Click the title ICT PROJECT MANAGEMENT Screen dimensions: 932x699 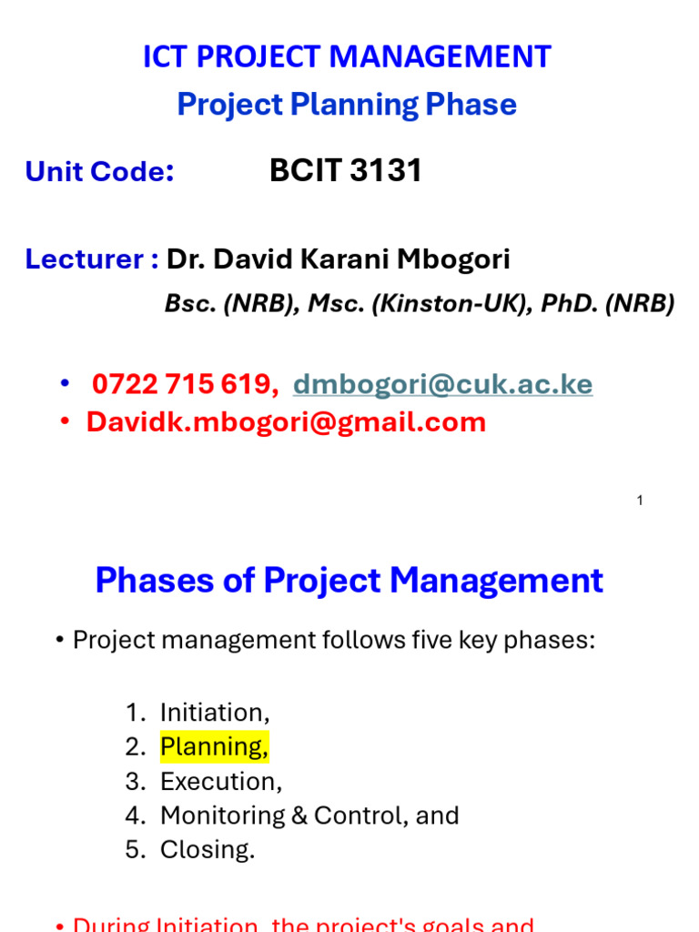pos(347,57)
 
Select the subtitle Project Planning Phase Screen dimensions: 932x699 pos(347,105)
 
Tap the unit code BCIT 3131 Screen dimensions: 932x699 pos(346,170)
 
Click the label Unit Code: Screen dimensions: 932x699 pos(100,171)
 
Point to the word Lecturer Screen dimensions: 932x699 pos(85,259)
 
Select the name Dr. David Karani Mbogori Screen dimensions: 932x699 pos(339,259)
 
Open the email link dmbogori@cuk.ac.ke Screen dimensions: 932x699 pos(442,385)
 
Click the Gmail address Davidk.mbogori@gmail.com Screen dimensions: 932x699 pos(286,422)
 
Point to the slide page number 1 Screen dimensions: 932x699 pos(640,500)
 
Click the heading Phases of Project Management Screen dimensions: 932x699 pos(349,580)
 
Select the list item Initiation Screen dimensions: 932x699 pos(215,712)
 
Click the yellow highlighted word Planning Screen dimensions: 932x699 pos(214,747)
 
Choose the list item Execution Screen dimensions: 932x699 pos(221,782)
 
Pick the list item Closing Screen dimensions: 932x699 pos(208,850)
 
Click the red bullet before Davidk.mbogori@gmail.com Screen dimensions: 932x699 pos(65,422)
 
